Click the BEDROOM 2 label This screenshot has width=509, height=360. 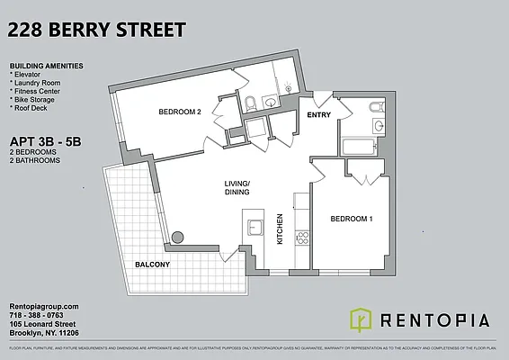[179, 112]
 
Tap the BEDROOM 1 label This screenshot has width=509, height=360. [351, 219]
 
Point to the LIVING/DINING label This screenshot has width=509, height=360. [238, 188]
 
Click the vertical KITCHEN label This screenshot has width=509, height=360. [281, 229]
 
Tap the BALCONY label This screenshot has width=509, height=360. [154, 265]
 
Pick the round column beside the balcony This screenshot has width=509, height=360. [178, 237]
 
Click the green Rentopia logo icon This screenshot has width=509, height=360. [361, 319]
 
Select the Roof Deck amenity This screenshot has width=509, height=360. [31, 106]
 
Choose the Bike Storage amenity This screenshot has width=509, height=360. [35, 98]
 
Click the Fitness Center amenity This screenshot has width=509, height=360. [39, 90]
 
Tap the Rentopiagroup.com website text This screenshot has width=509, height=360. [44, 307]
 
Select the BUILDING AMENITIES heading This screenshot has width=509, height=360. [46, 67]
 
